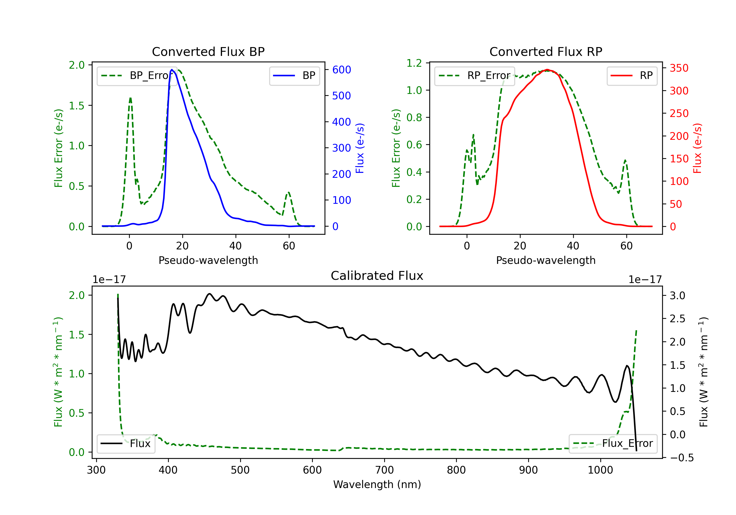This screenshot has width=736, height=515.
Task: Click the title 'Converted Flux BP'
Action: tap(208, 51)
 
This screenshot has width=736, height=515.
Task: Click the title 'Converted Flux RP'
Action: tap(546, 51)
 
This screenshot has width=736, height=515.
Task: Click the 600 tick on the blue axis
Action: tap(342, 70)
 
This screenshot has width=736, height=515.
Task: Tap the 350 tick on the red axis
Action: tap(679, 68)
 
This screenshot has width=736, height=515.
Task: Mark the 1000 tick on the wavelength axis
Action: tap(600, 470)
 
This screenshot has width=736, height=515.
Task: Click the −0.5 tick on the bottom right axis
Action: tap(682, 458)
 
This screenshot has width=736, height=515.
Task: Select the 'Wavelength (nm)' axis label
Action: tap(377, 484)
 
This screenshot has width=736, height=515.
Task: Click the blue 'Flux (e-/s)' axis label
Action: tap(360, 148)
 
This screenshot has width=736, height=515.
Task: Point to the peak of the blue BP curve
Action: tap(172, 70)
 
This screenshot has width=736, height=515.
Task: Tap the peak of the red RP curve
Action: tap(547, 70)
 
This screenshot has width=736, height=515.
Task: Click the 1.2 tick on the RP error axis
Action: tap(414, 63)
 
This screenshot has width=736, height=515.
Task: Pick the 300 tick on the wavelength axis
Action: tap(96, 470)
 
